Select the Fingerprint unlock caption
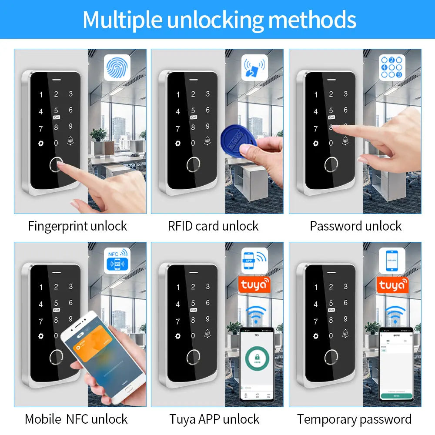77,226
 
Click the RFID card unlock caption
213,226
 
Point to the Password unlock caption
356,226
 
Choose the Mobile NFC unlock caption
76,419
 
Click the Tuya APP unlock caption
214,419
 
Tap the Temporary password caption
354,419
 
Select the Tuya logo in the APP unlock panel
254,285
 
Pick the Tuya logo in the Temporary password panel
392,285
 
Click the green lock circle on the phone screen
257,361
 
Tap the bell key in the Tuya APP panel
207,334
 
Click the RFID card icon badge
254,67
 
